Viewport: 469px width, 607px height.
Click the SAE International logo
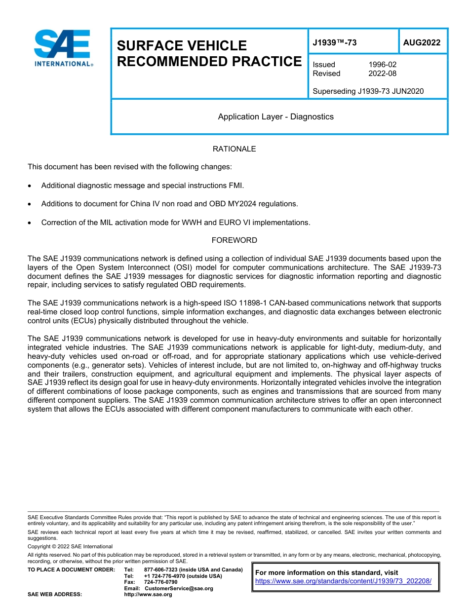(x=63, y=48)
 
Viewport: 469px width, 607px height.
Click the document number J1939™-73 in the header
(x=334, y=43)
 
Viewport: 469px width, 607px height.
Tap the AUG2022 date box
(x=422, y=43)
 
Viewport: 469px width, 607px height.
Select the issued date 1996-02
(x=382, y=65)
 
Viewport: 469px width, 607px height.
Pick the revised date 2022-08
(x=382, y=74)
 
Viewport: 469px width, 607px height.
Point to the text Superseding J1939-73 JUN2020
(x=368, y=91)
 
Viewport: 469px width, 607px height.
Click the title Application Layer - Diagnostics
(x=275, y=117)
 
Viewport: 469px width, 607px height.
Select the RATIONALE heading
(x=234, y=149)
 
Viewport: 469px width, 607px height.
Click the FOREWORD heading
(x=234, y=240)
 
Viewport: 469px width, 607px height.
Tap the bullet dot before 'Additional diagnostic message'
(x=31, y=186)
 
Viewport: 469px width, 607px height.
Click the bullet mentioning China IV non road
(x=169, y=204)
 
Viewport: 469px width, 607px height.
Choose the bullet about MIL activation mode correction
(x=175, y=223)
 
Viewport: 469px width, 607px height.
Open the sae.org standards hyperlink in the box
(x=343, y=581)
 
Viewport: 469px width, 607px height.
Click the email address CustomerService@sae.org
(x=179, y=588)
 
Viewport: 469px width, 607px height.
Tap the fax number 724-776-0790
(x=160, y=582)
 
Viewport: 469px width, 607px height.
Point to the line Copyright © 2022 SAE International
(x=70, y=546)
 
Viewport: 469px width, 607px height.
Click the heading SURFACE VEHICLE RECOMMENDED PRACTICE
(x=209, y=53)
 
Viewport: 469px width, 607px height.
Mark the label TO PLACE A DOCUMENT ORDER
(x=71, y=569)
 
